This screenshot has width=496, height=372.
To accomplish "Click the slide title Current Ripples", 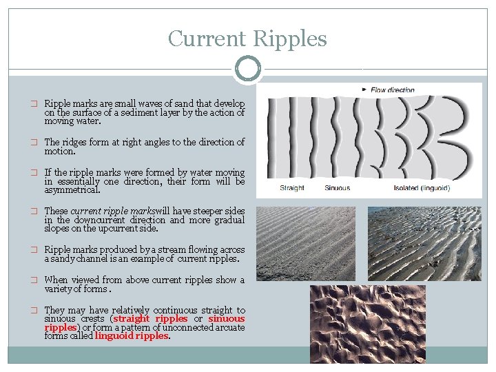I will click(247, 39).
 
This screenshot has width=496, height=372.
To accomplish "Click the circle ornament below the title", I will click(247, 69).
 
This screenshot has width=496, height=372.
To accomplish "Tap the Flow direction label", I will click(393, 90).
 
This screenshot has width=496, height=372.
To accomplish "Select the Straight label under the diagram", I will click(292, 188).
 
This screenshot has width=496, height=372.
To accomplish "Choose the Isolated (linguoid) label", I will click(422, 188).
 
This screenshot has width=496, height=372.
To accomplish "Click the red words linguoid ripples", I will click(132, 336).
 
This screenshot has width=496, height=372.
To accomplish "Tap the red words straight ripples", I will click(150, 319).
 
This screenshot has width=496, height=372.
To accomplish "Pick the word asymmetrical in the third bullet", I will click(72, 189).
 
